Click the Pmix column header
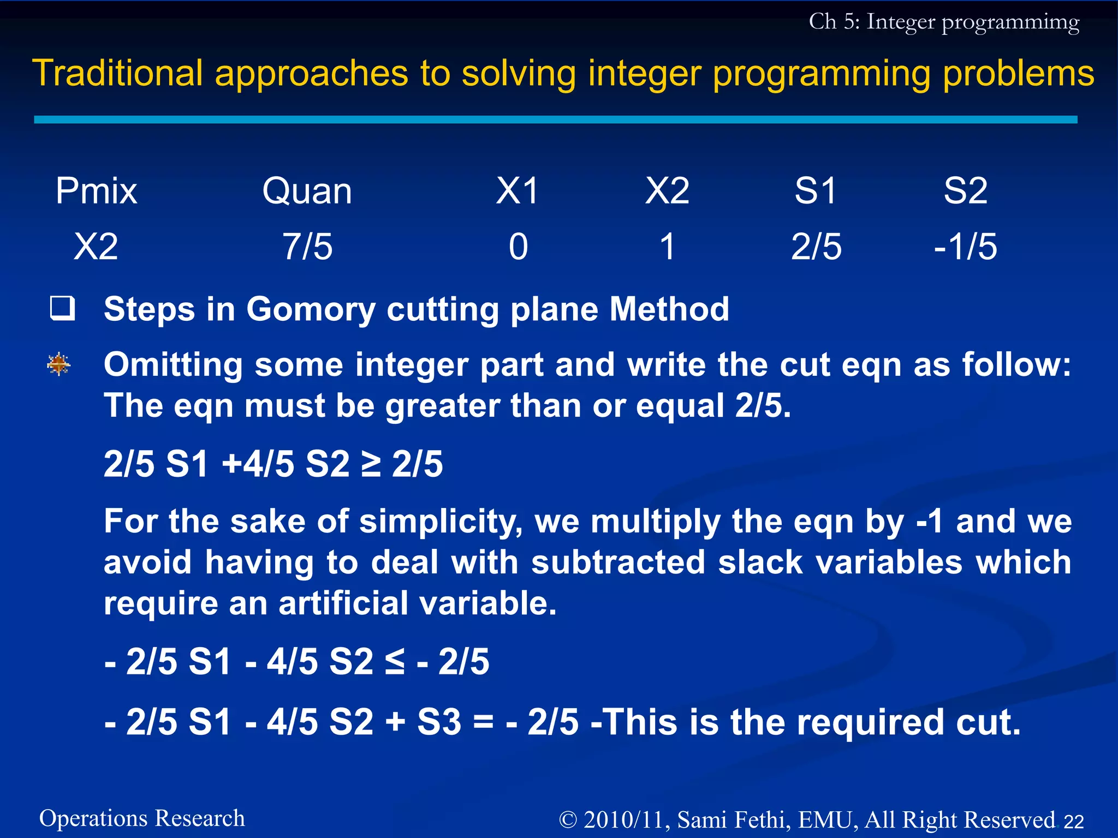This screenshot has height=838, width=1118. [x=96, y=191]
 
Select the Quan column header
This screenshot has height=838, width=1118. [x=307, y=191]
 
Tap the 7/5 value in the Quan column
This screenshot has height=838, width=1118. [x=307, y=247]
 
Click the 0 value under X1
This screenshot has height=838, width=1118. [x=518, y=247]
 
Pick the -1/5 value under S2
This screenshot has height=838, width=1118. [x=965, y=247]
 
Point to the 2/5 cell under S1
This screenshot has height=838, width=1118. [x=816, y=247]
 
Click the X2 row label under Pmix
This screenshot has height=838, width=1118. [x=96, y=247]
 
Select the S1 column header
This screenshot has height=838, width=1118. [x=816, y=191]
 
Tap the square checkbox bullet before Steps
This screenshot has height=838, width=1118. [x=62, y=308]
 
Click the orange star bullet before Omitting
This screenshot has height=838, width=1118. [x=59, y=364]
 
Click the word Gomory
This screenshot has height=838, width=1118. [x=311, y=309]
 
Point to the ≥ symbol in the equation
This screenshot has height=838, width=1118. [x=371, y=464]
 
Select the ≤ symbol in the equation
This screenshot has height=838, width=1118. [x=395, y=661]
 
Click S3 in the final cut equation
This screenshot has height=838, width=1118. [x=439, y=722]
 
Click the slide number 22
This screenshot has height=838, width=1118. [x=1074, y=821]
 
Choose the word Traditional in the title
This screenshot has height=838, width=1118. [x=117, y=73]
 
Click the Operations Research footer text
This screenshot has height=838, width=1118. [x=142, y=818]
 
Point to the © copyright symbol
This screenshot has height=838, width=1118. [x=568, y=820]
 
